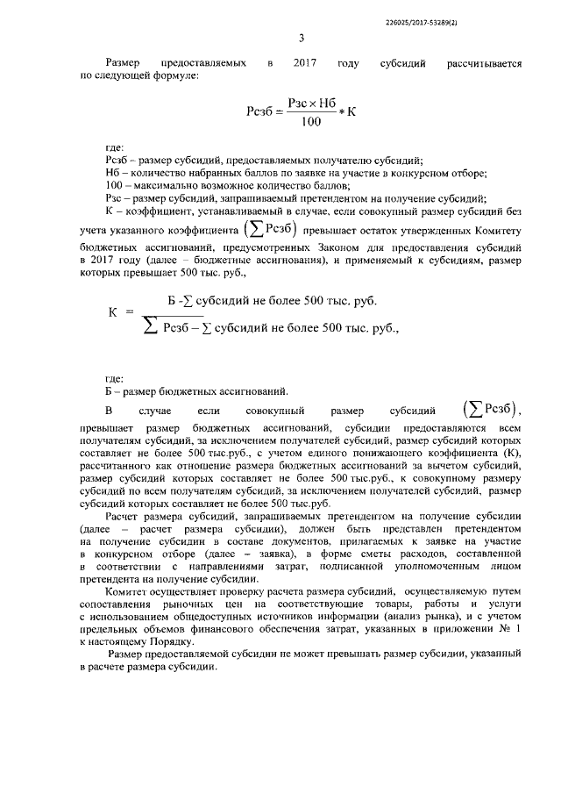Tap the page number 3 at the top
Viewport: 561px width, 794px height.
[x=301, y=38]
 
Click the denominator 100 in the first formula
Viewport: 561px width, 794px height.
[x=309, y=122]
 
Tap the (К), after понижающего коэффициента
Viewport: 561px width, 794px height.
[x=509, y=454]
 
